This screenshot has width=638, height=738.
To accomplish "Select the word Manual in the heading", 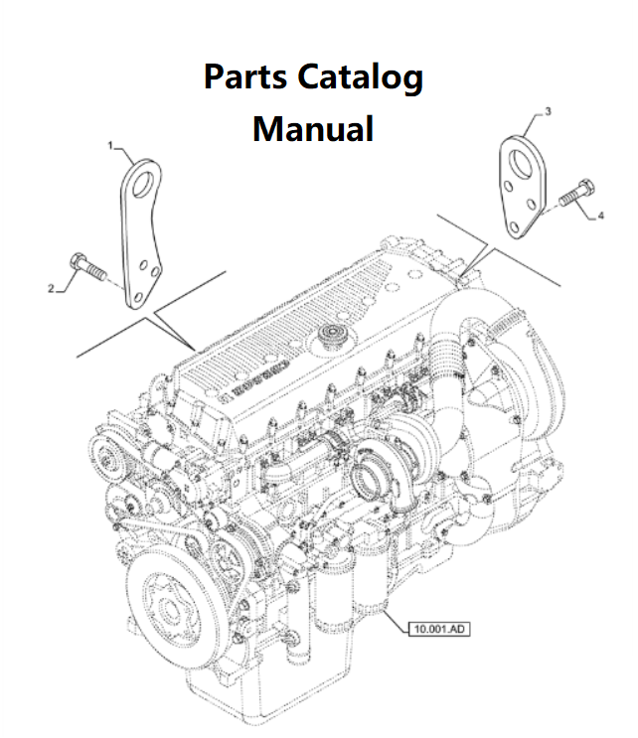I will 313,128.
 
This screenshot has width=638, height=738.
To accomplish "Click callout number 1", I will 111,146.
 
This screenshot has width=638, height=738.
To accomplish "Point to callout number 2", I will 51,288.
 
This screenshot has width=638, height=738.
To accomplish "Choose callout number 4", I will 601,215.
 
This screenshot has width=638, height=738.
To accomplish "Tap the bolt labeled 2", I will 89,268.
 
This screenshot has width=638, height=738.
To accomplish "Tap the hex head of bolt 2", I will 78,262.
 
